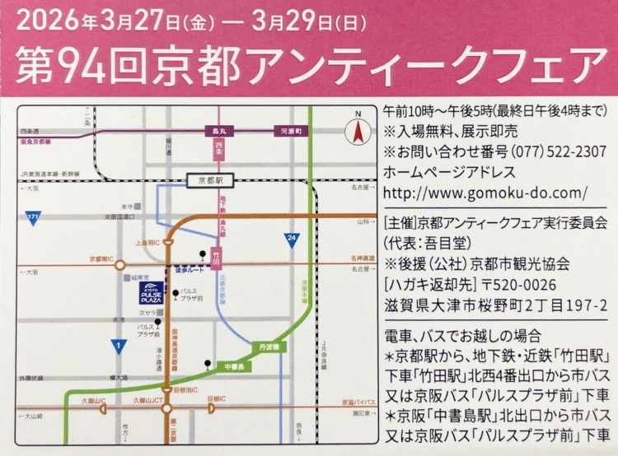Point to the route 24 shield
tap(291, 239)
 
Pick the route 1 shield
tap(120, 347)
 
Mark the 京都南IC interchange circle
tap(120, 265)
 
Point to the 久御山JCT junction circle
tap(168, 407)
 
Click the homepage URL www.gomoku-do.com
tap(486, 195)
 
